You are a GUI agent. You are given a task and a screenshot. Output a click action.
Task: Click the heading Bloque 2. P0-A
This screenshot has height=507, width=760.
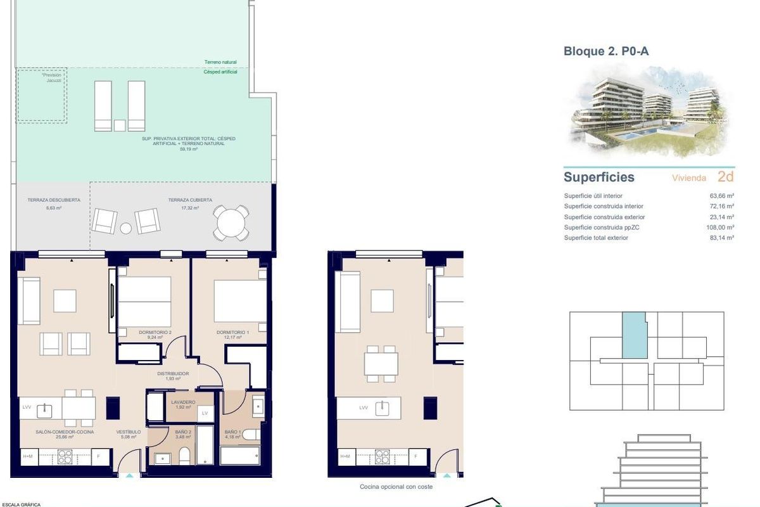pos(605,51)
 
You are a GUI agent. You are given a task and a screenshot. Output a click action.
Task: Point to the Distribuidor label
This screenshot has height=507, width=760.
pos(173,374)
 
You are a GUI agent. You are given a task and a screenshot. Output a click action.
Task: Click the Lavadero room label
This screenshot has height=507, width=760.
pos(183,402)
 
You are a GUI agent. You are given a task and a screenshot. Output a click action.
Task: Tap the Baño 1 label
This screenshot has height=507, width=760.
pos(233,432)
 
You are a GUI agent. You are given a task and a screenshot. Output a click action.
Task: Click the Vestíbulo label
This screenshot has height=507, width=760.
pos(128,432)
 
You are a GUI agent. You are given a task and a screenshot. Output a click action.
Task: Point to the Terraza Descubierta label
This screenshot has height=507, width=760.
pos(54,200)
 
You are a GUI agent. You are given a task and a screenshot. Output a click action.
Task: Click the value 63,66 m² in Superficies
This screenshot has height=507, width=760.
pos(721,196)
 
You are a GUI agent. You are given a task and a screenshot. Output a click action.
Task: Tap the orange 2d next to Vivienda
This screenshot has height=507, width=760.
pos(725,177)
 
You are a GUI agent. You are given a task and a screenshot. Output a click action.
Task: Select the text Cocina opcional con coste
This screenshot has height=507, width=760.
pos(396,487)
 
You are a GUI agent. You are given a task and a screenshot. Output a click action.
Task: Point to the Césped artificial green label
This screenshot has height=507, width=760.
pos(221,73)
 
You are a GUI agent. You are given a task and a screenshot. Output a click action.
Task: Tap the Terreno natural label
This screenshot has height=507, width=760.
pos(221,62)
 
